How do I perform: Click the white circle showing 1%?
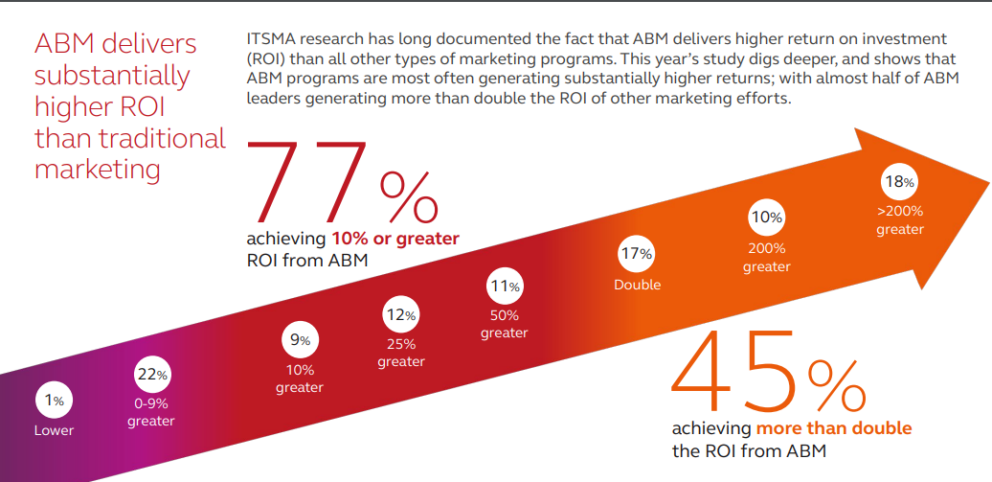click(x=54, y=401)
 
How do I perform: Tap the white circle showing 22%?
click(x=151, y=375)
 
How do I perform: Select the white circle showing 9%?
click(x=300, y=340)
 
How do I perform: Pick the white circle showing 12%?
click(x=401, y=314)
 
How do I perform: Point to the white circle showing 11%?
click(x=505, y=286)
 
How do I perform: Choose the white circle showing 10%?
click(x=767, y=218)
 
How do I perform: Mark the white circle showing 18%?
click(x=900, y=181)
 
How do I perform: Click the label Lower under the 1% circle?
click(x=54, y=430)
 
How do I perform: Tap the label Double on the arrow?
click(x=638, y=285)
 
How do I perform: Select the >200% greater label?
click(x=900, y=220)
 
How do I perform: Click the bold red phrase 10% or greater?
click(x=395, y=238)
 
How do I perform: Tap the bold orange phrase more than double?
click(x=834, y=427)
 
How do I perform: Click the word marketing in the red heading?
click(x=97, y=170)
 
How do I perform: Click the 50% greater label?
click(x=505, y=324)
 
